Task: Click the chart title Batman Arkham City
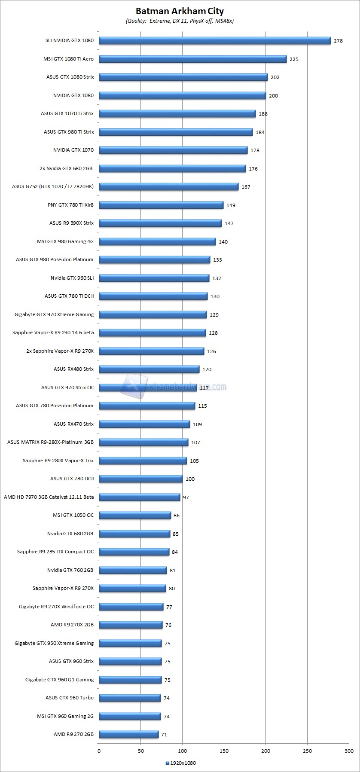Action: [x=180, y=11]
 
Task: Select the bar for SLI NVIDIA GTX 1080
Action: [x=215, y=41]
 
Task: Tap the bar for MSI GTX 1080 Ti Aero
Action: [x=192, y=59]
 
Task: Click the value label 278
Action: [x=338, y=41]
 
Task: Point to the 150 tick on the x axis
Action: [x=224, y=751]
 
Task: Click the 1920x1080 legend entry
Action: [x=180, y=763]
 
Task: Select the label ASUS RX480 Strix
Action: [x=73, y=369]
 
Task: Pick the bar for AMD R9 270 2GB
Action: [x=128, y=735]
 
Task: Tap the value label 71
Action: [x=164, y=735]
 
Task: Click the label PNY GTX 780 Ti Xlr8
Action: [x=70, y=205]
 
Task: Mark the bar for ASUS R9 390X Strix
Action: [x=160, y=223]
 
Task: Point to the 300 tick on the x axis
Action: [x=349, y=751]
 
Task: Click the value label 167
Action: [x=246, y=187]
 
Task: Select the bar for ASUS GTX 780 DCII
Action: [x=140, y=479]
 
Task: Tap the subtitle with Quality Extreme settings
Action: [x=180, y=21]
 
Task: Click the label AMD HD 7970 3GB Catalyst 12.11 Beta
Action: [x=49, y=497]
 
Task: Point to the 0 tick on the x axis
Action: [x=99, y=751]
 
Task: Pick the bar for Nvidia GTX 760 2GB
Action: [x=133, y=571]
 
